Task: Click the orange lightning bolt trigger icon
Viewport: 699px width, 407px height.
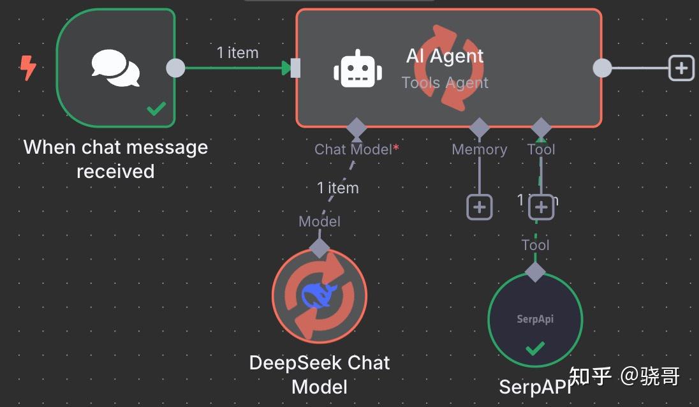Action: [27, 68]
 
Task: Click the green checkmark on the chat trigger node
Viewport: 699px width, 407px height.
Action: [156, 109]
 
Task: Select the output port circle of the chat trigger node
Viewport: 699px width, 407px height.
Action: [175, 68]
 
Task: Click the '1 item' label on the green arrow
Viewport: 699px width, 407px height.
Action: [238, 52]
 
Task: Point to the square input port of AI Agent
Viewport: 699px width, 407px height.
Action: [295, 68]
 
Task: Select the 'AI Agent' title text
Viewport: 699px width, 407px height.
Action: [445, 56]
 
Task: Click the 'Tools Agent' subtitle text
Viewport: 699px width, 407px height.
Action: [445, 82]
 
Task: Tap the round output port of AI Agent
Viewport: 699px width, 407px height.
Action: [602, 68]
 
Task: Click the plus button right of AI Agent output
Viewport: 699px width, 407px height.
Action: [681, 68]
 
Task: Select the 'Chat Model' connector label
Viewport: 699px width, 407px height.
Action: [353, 149]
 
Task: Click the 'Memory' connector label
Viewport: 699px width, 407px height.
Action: [480, 149]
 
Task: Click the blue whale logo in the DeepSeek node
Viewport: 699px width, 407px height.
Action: [319, 294]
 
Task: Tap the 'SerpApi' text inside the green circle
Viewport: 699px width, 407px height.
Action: [535, 319]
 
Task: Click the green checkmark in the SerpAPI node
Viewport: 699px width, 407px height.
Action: [535, 348]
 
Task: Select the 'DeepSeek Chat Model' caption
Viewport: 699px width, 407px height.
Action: [320, 374]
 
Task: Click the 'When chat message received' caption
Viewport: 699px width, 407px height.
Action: [115, 159]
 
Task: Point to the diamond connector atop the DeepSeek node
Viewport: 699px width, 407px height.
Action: [319, 248]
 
